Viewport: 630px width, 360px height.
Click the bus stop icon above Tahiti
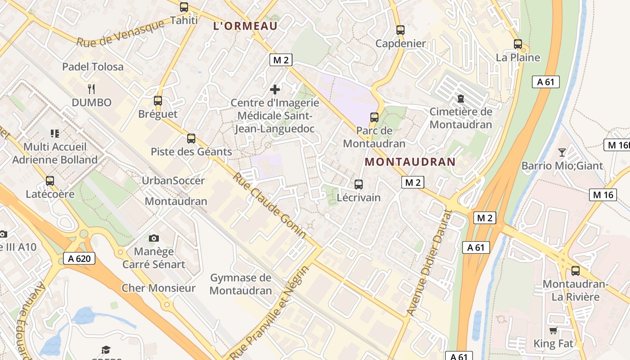pyautogui.click(x=184, y=7)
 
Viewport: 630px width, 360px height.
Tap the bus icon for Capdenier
pyautogui.click(x=400, y=30)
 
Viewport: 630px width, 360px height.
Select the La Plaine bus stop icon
pyautogui.click(x=518, y=44)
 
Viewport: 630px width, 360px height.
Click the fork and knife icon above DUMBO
pyautogui.click(x=91, y=89)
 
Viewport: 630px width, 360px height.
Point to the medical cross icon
pyautogui.click(x=275, y=90)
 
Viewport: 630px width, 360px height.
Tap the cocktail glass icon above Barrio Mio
pyautogui.click(x=562, y=152)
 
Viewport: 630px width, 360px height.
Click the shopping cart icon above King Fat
pyautogui.click(x=553, y=331)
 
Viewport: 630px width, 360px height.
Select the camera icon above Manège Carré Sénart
pyautogui.click(x=153, y=238)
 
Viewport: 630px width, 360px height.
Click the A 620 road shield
pyautogui.click(x=79, y=258)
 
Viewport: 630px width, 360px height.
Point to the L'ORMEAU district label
pyautogui.click(x=245, y=26)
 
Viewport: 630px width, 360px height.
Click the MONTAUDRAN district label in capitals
pyautogui.click(x=410, y=162)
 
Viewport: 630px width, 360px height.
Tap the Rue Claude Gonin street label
pyautogui.click(x=269, y=205)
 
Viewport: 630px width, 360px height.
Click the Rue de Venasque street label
pyautogui.click(x=121, y=34)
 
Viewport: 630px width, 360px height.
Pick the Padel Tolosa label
pyautogui.click(x=93, y=67)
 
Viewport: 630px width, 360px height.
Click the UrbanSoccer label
pyautogui.click(x=173, y=180)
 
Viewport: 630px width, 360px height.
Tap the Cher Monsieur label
pyautogui.click(x=158, y=288)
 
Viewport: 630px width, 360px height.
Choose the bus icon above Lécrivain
pyautogui.click(x=359, y=184)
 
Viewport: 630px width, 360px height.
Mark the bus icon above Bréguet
pyautogui.click(x=157, y=101)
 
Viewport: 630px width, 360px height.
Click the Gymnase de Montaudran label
pyautogui.click(x=241, y=284)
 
